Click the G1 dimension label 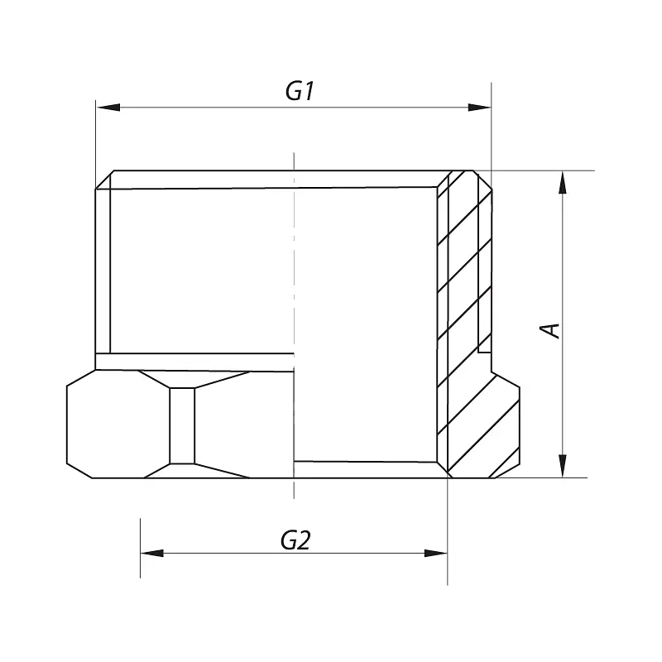tap(300, 91)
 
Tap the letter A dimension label tap(549, 330)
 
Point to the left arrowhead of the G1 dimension tap(108, 108)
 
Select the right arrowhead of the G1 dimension tap(480, 108)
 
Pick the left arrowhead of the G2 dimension tap(152, 553)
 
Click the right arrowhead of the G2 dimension tap(436, 553)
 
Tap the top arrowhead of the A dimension tap(563, 182)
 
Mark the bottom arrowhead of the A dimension tap(563, 466)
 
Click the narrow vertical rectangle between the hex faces tap(182, 425)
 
